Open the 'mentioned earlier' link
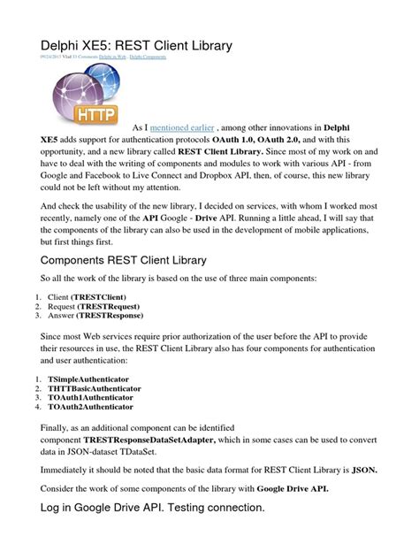[181, 127]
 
